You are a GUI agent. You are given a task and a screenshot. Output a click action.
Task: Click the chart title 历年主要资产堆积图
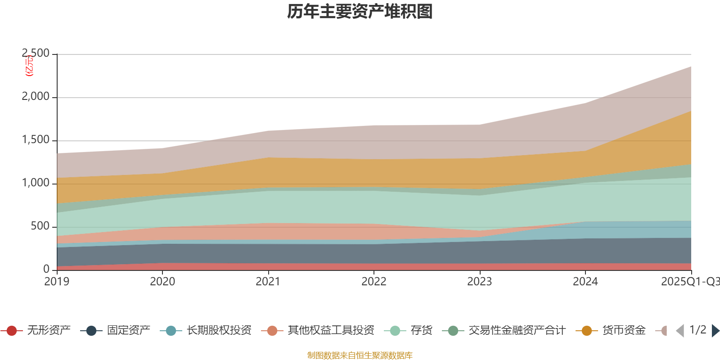pos(360,12)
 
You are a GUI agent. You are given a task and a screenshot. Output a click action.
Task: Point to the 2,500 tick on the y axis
pos(36,54)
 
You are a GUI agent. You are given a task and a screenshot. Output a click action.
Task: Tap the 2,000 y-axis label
pos(36,97)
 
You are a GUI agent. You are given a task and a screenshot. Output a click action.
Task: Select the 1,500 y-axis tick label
pos(36,140)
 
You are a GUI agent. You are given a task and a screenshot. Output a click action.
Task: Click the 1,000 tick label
pos(36,183)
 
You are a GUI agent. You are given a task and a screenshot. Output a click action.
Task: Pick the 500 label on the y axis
pos(40,226)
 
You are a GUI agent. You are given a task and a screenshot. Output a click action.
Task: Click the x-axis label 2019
pos(57,282)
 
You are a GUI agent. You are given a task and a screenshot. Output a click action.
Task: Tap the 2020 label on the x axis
pos(162,282)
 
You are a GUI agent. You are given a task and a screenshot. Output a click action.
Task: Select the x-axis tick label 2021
pos(268,282)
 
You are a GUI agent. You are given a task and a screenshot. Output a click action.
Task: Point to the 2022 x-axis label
pos(374,282)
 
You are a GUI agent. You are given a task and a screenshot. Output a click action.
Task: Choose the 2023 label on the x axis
pos(480,282)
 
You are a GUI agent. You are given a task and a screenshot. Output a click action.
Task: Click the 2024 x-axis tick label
pos(585,282)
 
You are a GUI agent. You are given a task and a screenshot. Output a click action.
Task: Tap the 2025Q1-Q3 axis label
pos(690,282)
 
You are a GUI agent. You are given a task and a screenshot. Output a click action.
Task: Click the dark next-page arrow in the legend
pos(715,331)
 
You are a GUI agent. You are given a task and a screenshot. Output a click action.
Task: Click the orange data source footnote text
pos(360,355)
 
